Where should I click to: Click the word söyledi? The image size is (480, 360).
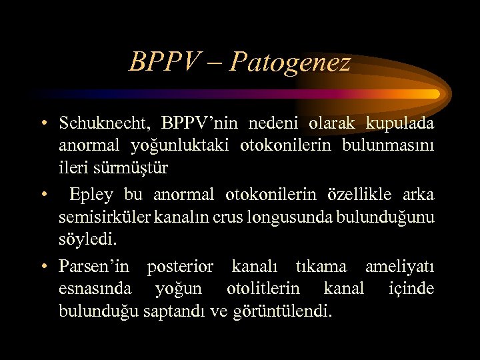point(83,239)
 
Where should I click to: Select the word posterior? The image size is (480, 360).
point(180,267)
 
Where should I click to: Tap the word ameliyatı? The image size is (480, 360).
point(400,267)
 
